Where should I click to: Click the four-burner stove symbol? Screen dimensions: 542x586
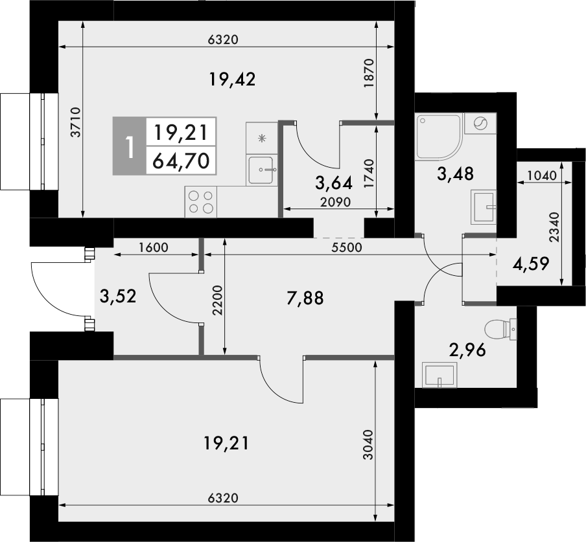(200, 201)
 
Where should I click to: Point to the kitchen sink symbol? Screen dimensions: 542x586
(262, 170)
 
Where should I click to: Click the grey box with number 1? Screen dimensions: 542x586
(130, 146)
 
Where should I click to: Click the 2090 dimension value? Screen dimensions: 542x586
(336, 201)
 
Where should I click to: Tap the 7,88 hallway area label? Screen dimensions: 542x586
(305, 298)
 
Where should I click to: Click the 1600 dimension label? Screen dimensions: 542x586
(153, 247)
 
